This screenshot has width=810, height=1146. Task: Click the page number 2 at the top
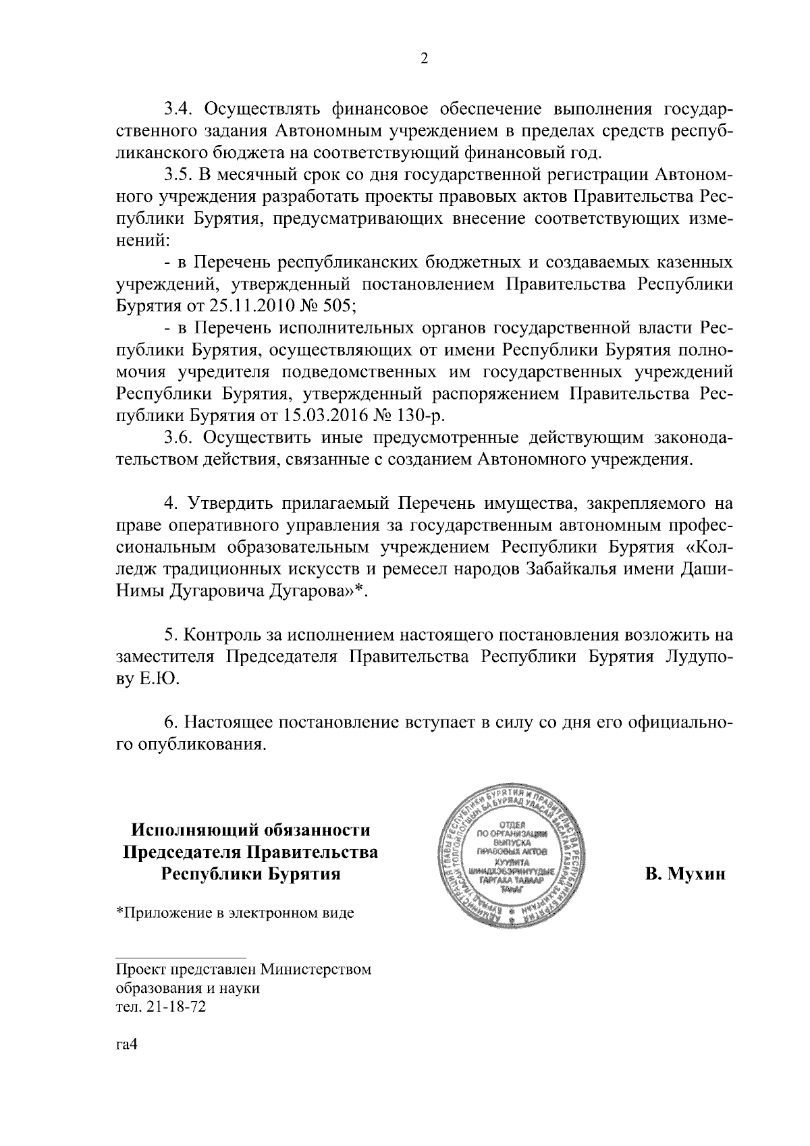pyautogui.click(x=424, y=58)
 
